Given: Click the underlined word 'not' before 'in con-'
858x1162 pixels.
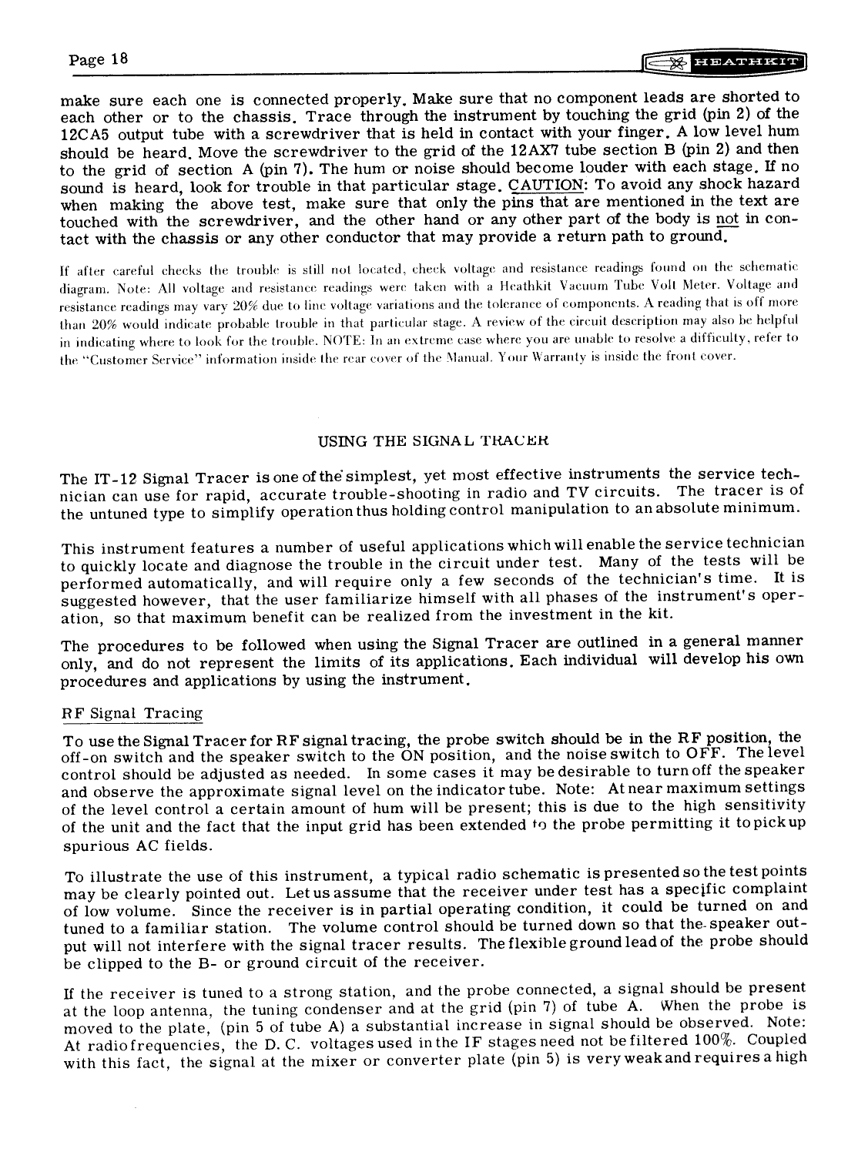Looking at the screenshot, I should [x=728, y=220].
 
